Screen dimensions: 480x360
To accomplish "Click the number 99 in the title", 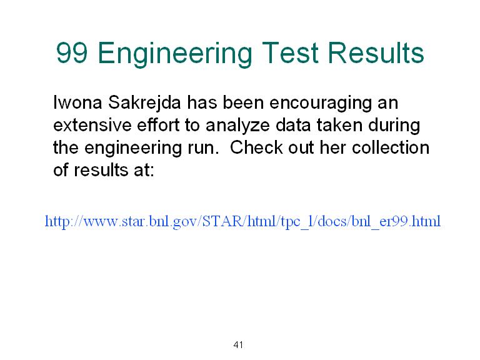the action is click(x=72, y=52).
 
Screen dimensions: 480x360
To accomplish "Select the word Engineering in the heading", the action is click(x=175, y=54).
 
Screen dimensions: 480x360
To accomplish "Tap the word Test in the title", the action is click(x=290, y=52).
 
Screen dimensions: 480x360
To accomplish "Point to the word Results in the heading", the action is click(x=376, y=52).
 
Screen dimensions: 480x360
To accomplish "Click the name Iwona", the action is click(x=77, y=102).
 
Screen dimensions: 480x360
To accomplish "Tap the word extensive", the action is click(x=92, y=125).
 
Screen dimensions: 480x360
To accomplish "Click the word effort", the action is click(x=158, y=124).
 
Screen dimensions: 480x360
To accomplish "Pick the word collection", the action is click(x=391, y=147).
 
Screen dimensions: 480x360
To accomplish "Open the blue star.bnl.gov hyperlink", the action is click(x=242, y=222).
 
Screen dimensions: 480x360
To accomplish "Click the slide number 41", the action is click(x=238, y=345).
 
